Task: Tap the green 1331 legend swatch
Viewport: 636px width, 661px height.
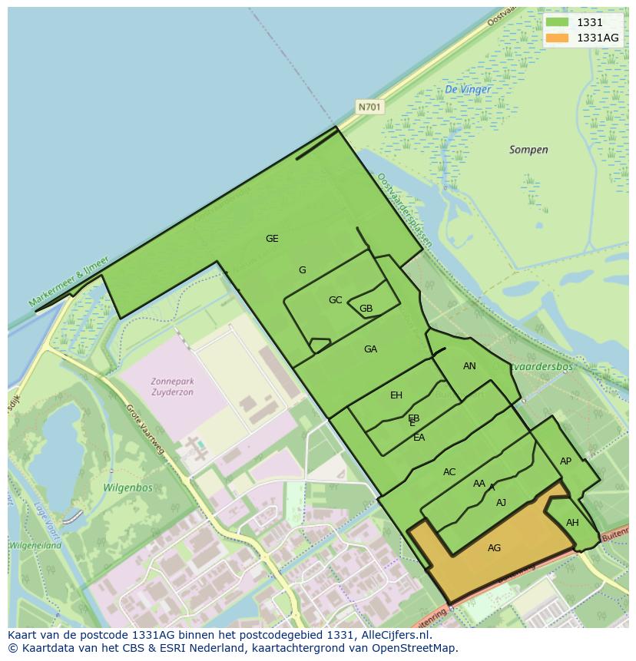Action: pos(557,23)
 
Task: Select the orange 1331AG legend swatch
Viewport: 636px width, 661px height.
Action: pos(557,38)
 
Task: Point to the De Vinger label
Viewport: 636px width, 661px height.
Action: pos(468,89)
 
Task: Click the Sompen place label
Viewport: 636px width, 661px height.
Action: pos(528,150)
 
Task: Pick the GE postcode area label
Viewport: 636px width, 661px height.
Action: pos(272,239)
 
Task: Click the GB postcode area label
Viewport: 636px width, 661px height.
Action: pos(366,309)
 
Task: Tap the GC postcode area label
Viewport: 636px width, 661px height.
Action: pos(335,300)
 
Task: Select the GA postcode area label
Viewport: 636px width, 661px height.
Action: pos(370,349)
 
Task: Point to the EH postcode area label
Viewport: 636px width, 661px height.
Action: pos(396,395)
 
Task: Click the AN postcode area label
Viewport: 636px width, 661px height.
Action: pos(469,366)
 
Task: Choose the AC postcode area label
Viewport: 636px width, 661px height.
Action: pos(449,472)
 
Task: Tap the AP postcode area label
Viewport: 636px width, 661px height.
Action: pos(565,461)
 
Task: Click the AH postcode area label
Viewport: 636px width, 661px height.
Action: pos(572,523)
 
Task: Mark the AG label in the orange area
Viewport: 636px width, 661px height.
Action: pos(494,547)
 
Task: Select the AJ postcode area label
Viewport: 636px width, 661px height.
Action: pos(501,503)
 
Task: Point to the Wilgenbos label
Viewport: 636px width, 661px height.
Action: pos(128,487)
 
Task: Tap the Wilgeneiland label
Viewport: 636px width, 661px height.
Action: pos(35,545)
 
